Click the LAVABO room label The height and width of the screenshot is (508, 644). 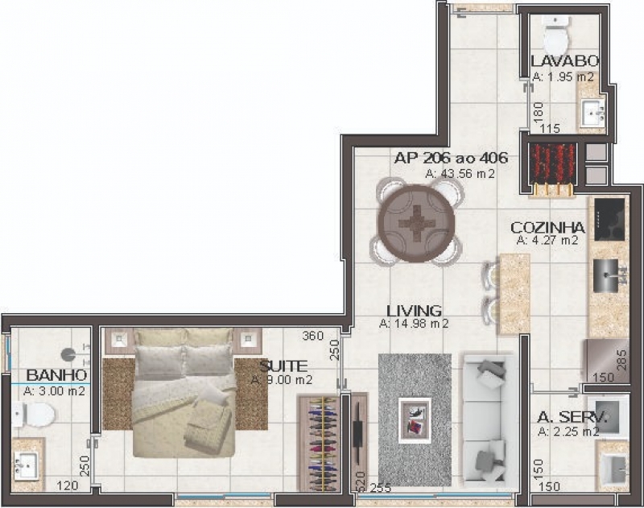pos(565,61)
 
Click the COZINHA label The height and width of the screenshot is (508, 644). pos(548,227)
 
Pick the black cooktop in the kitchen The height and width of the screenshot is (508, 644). pos(609,220)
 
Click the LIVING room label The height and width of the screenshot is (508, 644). pos(414,311)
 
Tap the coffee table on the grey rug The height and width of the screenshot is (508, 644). pos(415,420)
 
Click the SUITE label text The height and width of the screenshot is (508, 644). pos(283,366)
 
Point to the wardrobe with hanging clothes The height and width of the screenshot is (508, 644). pos(320,443)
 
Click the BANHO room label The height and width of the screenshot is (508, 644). pos(56,375)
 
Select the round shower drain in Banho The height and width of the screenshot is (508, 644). pos(68,354)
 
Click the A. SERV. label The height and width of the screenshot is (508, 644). pos(572,417)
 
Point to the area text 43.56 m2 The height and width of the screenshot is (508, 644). pos(460,174)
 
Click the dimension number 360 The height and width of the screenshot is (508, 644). pos(313,336)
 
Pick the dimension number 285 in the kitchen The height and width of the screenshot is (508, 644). pos(622,359)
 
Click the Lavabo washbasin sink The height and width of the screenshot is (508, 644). pos(592,112)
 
